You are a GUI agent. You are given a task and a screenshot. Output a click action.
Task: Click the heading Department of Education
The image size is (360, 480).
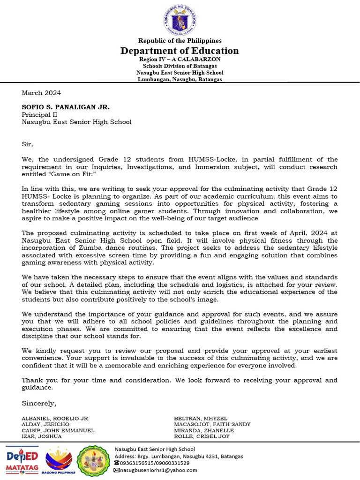pyautogui.click(x=180, y=51)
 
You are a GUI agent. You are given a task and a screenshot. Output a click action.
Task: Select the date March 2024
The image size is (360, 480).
pyautogui.click(x=41, y=93)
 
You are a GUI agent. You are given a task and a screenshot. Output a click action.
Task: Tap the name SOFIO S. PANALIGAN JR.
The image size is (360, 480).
pyautogui.click(x=66, y=107)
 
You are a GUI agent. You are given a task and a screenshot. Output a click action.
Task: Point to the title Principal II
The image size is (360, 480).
pyautogui.click(x=39, y=114)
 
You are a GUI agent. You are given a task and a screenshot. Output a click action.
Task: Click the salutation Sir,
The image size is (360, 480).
pyautogui.click(x=28, y=144)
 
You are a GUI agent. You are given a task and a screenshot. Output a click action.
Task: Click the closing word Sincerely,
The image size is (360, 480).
pyautogui.click(x=39, y=403)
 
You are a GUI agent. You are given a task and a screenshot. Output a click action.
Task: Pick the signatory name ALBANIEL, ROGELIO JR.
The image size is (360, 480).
pyautogui.click(x=55, y=418)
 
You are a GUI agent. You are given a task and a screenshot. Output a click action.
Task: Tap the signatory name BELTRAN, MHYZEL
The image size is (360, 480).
pyautogui.click(x=200, y=418)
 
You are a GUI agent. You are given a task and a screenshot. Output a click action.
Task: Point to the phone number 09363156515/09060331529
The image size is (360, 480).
pyautogui.click(x=155, y=463)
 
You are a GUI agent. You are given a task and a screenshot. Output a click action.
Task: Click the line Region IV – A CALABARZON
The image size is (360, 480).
pyautogui.click(x=180, y=60)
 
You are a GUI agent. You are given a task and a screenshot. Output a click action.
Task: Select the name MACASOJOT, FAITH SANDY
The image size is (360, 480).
pyautogui.click(x=212, y=424)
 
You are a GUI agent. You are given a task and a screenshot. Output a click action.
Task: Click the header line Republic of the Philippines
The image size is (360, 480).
pyautogui.click(x=180, y=41)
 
